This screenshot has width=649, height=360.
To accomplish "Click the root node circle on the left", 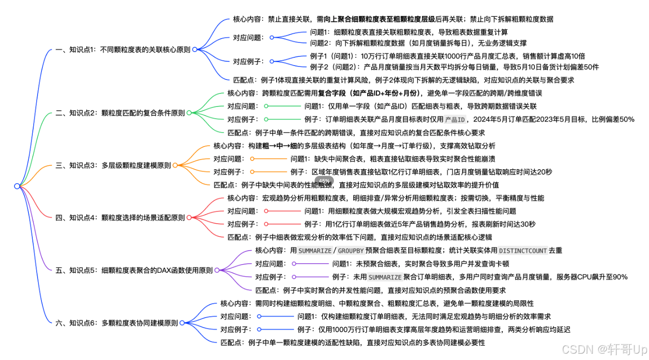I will tap(17, 186).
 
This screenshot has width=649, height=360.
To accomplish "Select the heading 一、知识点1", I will tap(123, 49).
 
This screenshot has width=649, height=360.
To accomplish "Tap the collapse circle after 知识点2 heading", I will tap(189, 113).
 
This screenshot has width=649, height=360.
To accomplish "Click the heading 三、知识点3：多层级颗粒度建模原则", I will tap(113, 165).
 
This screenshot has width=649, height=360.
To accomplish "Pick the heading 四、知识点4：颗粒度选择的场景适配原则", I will tap(120, 218).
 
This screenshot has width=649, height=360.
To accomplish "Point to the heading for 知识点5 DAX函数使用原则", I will tap(134, 270).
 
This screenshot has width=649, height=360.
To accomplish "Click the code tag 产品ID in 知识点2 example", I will tap(455, 120).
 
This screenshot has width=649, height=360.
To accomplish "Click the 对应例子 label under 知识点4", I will tap(243, 224).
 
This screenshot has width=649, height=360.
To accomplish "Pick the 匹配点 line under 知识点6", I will tap(352, 343).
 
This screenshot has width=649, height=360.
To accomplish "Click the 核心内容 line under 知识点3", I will tap(354, 146).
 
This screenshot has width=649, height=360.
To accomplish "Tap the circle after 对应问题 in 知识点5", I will tap(294, 264).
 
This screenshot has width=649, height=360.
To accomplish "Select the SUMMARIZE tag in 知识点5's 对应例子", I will tap(385, 277).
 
